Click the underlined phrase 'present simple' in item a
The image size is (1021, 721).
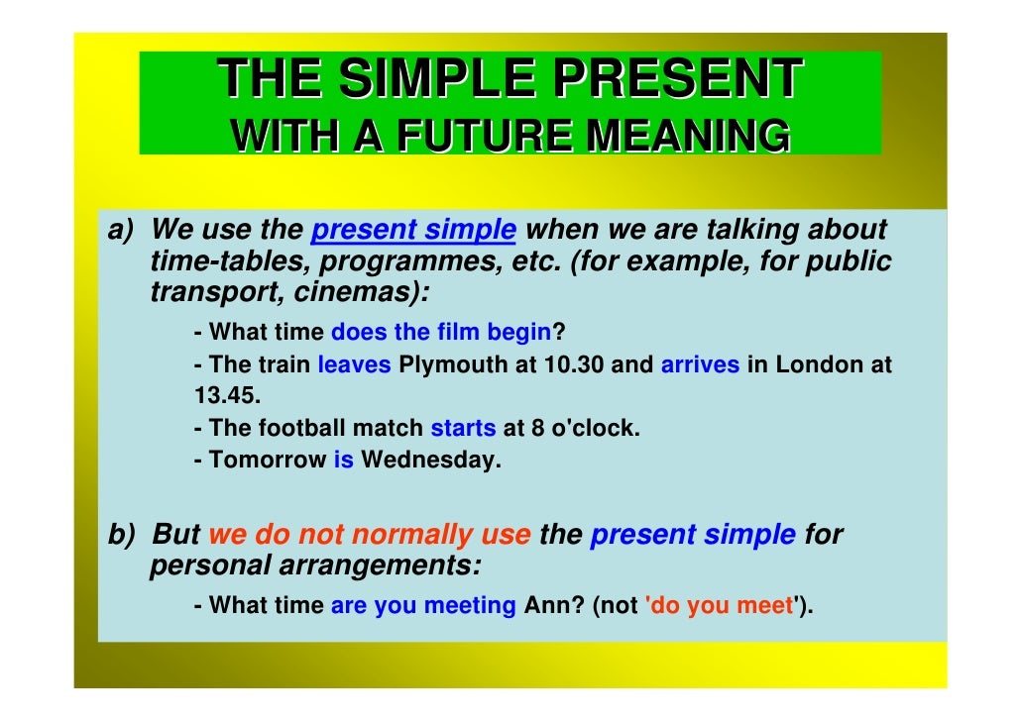(x=413, y=231)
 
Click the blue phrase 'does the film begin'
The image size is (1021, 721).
(x=440, y=333)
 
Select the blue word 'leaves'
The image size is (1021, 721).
(x=354, y=364)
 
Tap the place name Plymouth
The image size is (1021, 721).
(x=453, y=364)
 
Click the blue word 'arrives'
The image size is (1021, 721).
(x=700, y=364)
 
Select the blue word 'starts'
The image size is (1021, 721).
(x=463, y=429)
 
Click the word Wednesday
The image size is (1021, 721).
(x=430, y=461)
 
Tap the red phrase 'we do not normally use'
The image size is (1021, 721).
(x=369, y=535)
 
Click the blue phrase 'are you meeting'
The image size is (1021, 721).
(x=423, y=605)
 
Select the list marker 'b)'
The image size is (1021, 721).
(x=121, y=535)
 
